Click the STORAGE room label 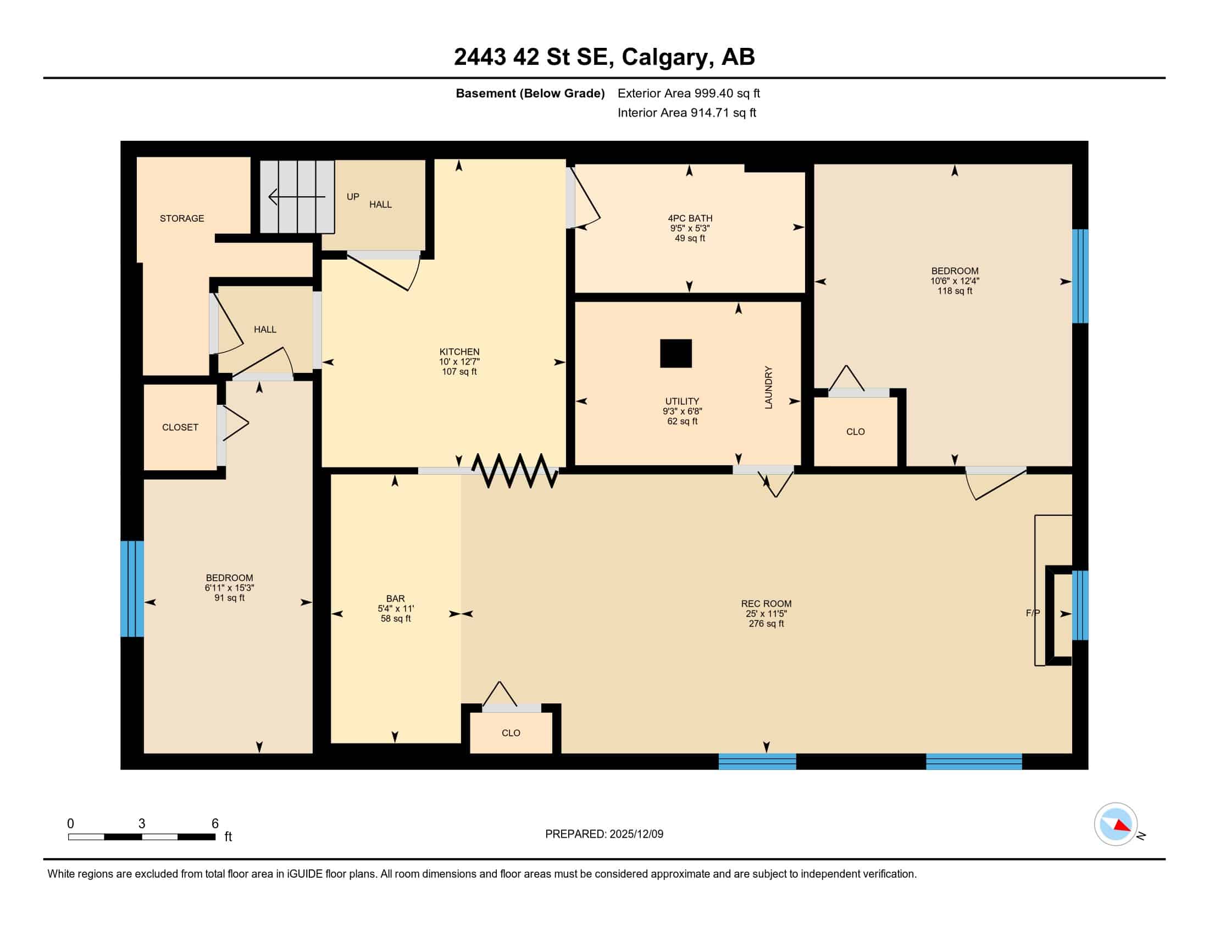coord(181,218)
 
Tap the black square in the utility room coord(676,354)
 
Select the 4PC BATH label coord(690,218)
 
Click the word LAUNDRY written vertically coord(768,387)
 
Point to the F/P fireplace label coord(1033,613)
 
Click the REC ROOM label coord(766,603)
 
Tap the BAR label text coord(395,598)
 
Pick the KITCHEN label coord(459,351)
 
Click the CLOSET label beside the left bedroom coord(180,427)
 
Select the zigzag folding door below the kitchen coord(515,471)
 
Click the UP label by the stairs coord(353,197)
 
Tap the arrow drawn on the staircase coord(297,197)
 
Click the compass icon coord(1116,824)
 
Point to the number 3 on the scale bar coord(142,824)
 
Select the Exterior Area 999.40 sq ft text coord(689,93)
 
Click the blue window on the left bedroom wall coord(132,589)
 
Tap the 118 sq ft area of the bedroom coord(955,291)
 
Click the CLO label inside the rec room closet coord(511,733)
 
